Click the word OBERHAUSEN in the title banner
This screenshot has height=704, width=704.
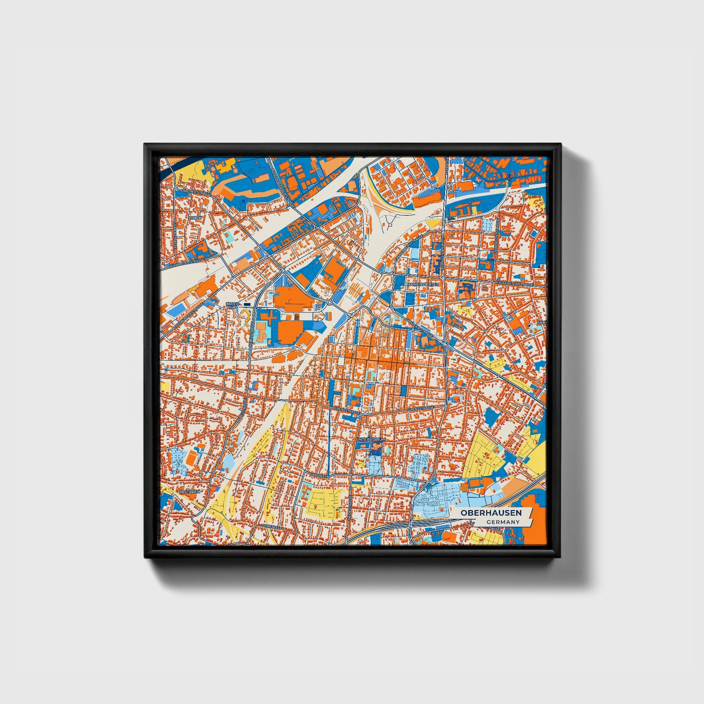[491, 513]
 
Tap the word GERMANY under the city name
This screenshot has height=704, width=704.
[502, 522]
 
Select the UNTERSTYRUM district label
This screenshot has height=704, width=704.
[371, 439]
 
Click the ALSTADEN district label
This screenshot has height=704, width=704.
[190, 492]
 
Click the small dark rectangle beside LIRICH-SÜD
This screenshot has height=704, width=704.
[247, 304]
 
